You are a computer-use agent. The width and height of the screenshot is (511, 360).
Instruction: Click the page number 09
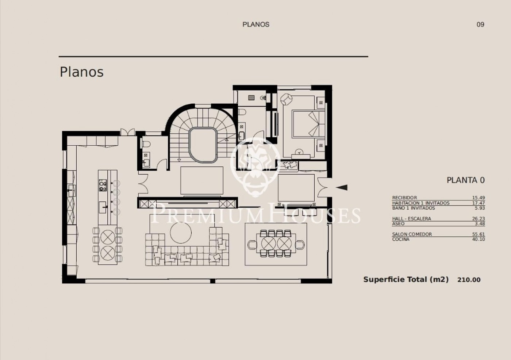point(480,24)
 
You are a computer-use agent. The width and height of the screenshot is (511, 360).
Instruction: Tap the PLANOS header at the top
point(256,24)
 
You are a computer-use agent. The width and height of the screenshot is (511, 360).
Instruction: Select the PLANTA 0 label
point(466,180)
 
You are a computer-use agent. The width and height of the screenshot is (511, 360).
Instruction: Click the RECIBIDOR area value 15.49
point(479,198)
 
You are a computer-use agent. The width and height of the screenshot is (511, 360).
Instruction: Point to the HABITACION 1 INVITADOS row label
point(420,203)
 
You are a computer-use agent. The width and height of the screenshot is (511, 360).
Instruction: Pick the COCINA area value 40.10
point(479,239)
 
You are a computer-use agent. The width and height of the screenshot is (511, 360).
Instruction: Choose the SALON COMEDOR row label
point(412,234)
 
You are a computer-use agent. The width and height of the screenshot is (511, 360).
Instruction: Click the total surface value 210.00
point(469,280)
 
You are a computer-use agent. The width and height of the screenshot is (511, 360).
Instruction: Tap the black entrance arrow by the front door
point(342,188)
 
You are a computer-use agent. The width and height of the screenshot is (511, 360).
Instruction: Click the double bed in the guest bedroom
point(309,125)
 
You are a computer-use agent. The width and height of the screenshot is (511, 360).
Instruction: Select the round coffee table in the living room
point(181,233)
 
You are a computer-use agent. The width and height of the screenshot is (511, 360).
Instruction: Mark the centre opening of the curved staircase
point(203,145)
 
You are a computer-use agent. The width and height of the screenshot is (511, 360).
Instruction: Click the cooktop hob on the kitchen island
point(103,185)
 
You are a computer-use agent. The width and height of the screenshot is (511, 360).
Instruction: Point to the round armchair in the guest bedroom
point(286,100)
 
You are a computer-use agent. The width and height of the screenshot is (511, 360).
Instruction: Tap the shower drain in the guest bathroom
point(251,97)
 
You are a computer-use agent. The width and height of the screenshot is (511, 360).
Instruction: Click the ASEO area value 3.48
point(480,224)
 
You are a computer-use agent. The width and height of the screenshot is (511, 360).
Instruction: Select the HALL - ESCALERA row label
point(412,219)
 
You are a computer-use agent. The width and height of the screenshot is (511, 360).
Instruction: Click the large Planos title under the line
point(82,72)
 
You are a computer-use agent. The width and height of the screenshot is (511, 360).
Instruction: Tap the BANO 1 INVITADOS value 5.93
point(480,208)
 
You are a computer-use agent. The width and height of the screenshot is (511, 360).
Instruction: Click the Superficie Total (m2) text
point(406,280)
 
